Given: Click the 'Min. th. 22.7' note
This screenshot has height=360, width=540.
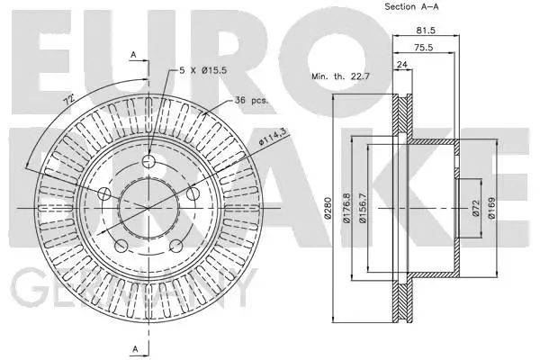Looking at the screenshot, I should tap(341, 77).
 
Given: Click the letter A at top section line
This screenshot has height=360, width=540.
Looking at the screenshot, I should tap(133, 56).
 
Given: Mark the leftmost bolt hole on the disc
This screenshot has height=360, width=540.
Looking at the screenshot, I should tap(103, 194).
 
